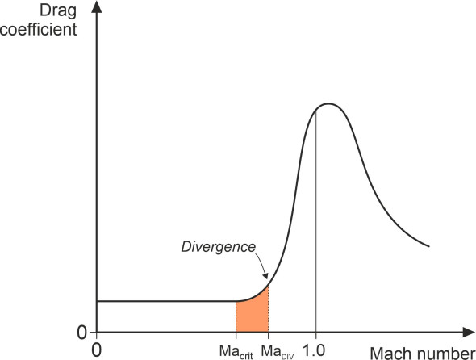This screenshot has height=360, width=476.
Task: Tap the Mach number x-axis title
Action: point(421,351)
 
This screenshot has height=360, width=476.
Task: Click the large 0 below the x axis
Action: point(97,350)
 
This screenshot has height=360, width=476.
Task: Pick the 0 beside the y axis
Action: point(81,331)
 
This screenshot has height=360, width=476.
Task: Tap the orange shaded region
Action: point(252,315)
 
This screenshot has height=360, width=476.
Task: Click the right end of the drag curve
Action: point(428,246)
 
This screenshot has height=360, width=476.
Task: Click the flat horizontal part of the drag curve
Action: point(161,301)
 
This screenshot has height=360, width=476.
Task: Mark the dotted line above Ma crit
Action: point(236,316)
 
